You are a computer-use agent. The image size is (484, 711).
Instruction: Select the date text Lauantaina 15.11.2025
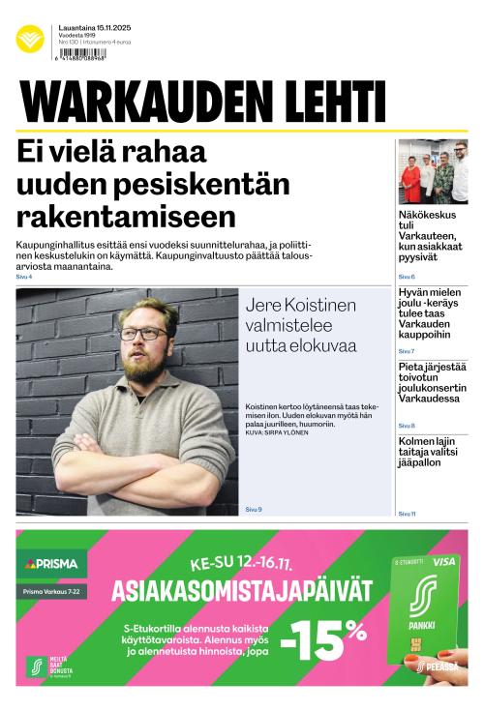94,28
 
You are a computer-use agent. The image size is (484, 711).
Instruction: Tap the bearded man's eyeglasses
142,334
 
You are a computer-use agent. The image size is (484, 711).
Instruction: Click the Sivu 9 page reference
253,509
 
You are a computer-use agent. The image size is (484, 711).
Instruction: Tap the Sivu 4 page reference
23,277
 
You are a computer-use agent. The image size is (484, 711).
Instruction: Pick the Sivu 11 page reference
407,514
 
